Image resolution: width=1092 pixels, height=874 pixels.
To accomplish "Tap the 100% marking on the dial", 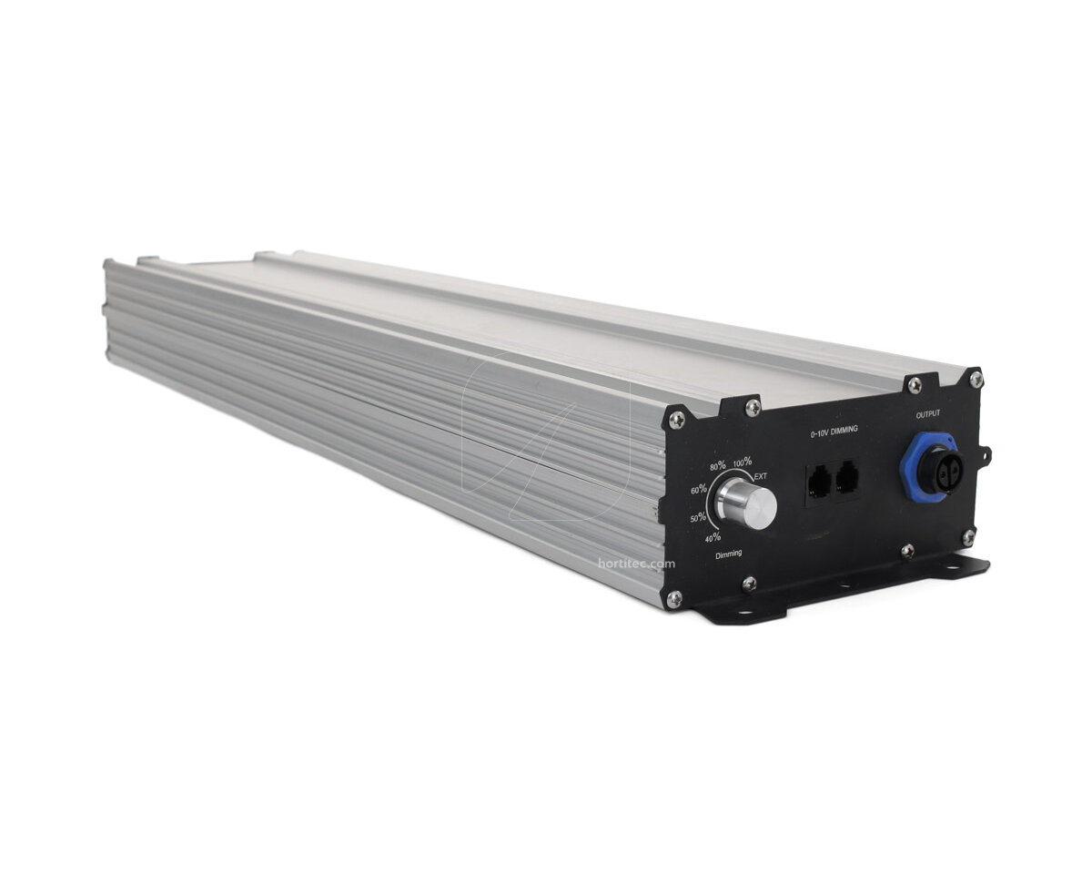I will pos(743,462).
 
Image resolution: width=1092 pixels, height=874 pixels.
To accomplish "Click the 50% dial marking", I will pos(697,517).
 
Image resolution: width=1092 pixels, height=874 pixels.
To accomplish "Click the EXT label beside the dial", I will pos(761,476).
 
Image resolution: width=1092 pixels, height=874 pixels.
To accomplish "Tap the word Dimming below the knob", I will pos(728,554).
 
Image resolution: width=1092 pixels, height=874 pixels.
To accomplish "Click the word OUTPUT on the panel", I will pos(928,414).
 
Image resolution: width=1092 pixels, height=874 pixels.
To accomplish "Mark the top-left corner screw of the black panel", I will pos(675,418).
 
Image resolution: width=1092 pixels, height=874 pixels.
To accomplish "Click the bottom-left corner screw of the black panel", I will pos(674,597).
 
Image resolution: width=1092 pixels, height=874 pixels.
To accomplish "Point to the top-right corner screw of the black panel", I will pos(975,375).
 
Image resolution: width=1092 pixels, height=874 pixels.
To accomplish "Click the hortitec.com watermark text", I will pos(637,564).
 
